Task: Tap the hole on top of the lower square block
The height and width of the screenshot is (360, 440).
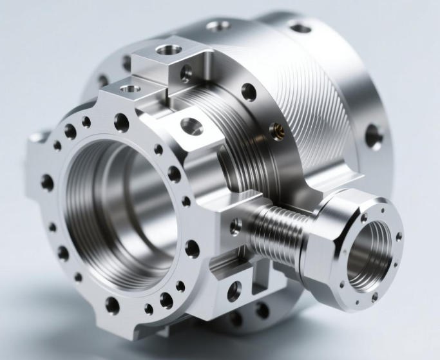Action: click(131, 88)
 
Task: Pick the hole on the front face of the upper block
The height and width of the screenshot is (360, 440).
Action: click(186, 73)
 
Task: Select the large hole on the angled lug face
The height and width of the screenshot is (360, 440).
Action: click(191, 126)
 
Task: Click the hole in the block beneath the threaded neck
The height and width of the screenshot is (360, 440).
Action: click(234, 290)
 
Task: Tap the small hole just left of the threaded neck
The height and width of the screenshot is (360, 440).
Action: click(236, 226)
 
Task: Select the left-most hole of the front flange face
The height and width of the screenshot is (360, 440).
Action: click(47, 183)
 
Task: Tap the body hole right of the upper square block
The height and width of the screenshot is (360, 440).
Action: click(248, 92)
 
